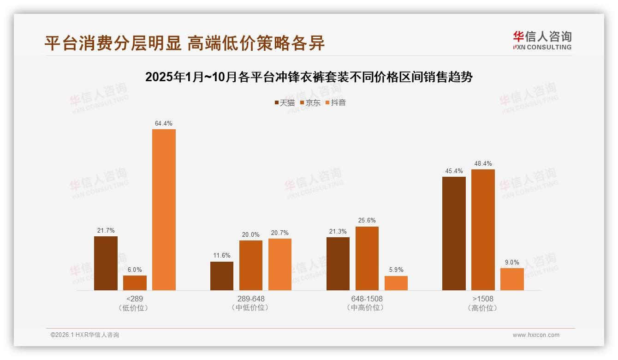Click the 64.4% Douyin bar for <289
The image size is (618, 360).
pos(164,210)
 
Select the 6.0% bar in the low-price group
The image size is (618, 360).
pos(135,283)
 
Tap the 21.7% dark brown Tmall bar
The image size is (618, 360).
pos(106,263)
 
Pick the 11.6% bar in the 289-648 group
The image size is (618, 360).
pos(222,276)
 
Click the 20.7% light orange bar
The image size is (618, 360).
pos(279,264)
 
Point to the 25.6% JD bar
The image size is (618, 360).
pos(367,258)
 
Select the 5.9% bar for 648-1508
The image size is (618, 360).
pos(396,283)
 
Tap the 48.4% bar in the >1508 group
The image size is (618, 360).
pos(483,230)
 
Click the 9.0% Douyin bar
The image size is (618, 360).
pos(512,279)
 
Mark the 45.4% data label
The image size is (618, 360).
pos(454,171)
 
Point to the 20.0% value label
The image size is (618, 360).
pos(251,235)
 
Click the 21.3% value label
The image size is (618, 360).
pos(338,232)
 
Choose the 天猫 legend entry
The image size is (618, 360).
pos(285,102)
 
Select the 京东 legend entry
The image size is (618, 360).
pos(310,102)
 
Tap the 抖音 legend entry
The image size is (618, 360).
pos(336,102)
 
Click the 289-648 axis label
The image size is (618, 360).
pos(251,299)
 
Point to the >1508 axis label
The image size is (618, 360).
pos(483,299)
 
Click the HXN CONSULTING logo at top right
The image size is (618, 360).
pos(542,41)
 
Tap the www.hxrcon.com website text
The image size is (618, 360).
pos(536,335)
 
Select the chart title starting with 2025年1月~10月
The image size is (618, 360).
pos(309,77)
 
